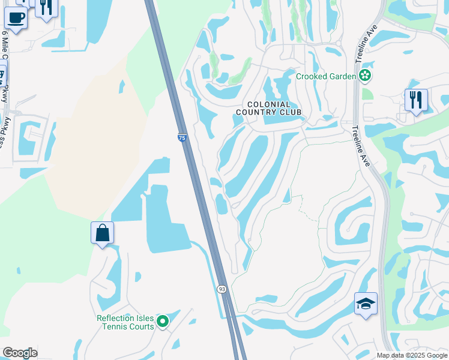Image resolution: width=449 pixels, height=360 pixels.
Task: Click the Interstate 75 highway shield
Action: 182,138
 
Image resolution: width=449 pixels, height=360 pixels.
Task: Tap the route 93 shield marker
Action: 222,289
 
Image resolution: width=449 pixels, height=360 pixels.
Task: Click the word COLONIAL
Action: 269,104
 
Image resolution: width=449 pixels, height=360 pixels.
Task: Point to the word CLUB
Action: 288,112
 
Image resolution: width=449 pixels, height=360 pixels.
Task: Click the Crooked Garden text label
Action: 326,76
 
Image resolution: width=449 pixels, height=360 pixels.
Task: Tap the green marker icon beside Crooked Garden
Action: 364,76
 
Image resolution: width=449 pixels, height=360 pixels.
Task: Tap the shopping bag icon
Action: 102,232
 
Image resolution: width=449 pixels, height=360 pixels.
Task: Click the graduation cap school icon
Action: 366,304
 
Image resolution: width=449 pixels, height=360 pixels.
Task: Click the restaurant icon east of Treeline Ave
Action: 415,100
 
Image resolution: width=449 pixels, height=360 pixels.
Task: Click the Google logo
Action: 20,353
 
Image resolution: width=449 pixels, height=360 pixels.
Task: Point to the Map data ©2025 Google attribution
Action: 412,355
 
